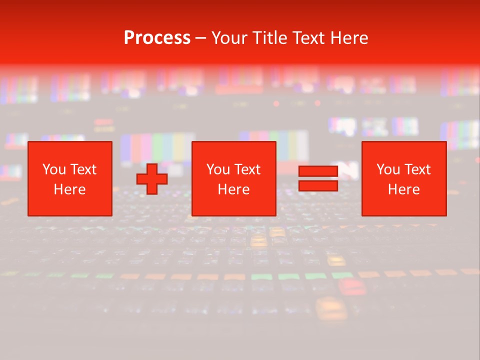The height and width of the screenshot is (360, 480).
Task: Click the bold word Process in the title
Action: [157, 38]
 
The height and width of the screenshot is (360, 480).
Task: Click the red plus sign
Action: [152, 179]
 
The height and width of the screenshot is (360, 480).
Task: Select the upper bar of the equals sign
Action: [318, 171]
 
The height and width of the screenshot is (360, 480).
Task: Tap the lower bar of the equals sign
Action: [318, 186]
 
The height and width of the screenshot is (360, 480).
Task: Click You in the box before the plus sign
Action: [54, 169]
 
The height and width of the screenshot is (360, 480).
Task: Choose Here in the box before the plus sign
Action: [69, 189]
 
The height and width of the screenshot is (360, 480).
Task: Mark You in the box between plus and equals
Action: [218, 169]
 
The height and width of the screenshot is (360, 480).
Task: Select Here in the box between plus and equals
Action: [233, 189]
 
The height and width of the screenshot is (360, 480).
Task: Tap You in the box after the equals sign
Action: [388, 169]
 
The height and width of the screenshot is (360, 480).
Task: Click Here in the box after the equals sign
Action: [403, 189]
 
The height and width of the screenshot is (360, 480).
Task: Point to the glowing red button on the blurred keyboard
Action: [352, 286]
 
